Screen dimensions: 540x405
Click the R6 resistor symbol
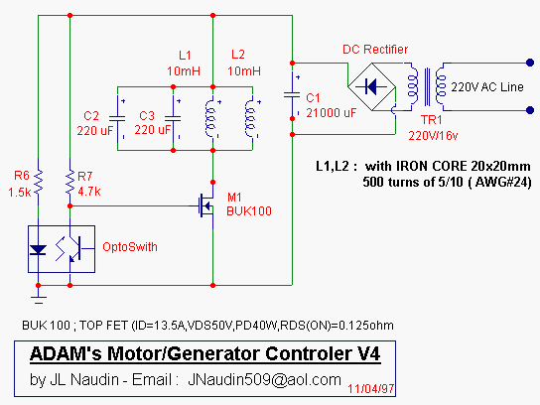point(39,183)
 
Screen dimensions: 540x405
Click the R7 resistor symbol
point(69,182)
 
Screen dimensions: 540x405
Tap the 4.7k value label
point(89,192)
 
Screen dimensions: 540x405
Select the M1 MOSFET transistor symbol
point(206,205)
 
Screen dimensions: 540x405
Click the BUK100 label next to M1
point(249,210)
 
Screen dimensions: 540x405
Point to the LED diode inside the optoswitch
point(39,250)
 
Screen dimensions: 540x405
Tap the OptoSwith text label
point(130,247)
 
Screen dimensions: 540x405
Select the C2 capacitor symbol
point(117,118)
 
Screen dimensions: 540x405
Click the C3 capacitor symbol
point(174,118)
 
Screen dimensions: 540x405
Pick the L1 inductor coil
point(211,118)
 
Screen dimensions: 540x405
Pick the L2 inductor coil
point(251,118)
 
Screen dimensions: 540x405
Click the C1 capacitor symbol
point(292,94)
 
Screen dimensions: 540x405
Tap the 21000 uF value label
point(332,113)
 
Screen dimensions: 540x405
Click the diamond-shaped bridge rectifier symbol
point(372,86)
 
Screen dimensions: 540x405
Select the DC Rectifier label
point(375,50)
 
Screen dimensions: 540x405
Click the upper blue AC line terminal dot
point(530,63)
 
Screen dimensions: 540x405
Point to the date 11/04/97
point(371,389)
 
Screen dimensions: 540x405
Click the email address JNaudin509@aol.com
point(264,380)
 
